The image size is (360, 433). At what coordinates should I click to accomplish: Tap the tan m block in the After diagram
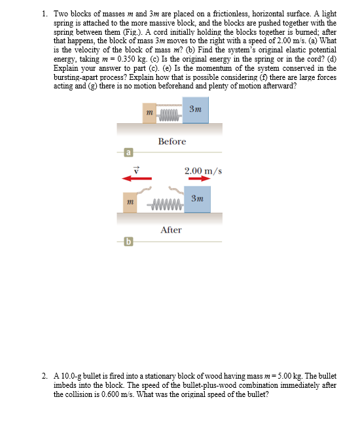tap(131, 202)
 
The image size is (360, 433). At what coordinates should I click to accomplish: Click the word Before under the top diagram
tap(171, 141)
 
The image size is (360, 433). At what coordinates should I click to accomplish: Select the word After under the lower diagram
tap(171, 230)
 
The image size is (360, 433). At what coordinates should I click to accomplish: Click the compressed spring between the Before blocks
tap(169, 116)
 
